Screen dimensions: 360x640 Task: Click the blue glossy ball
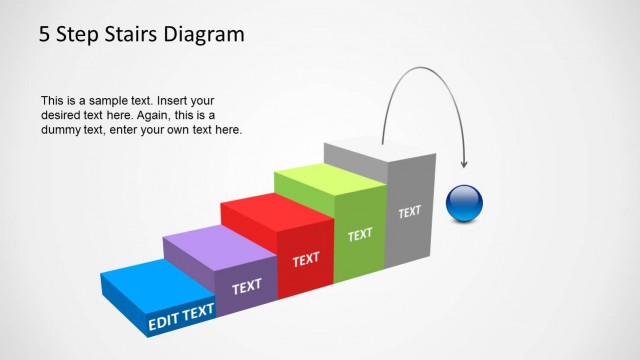(x=464, y=202)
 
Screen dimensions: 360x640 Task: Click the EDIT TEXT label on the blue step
(x=182, y=317)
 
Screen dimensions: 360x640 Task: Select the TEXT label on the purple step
(x=246, y=288)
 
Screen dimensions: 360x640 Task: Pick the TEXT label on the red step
(x=306, y=260)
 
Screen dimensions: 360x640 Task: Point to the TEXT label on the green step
(x=360, y=235)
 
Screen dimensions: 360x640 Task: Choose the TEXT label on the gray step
(x=410, y=212)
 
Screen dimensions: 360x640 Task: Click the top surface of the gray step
(x=380, y=156)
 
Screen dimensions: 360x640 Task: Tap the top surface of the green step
(x=330, y=182)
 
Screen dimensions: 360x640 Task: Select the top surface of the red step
(x=276, y=209)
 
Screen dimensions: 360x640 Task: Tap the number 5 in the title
(x=45, y=35)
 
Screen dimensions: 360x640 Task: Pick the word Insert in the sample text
(x=182, y=101)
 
